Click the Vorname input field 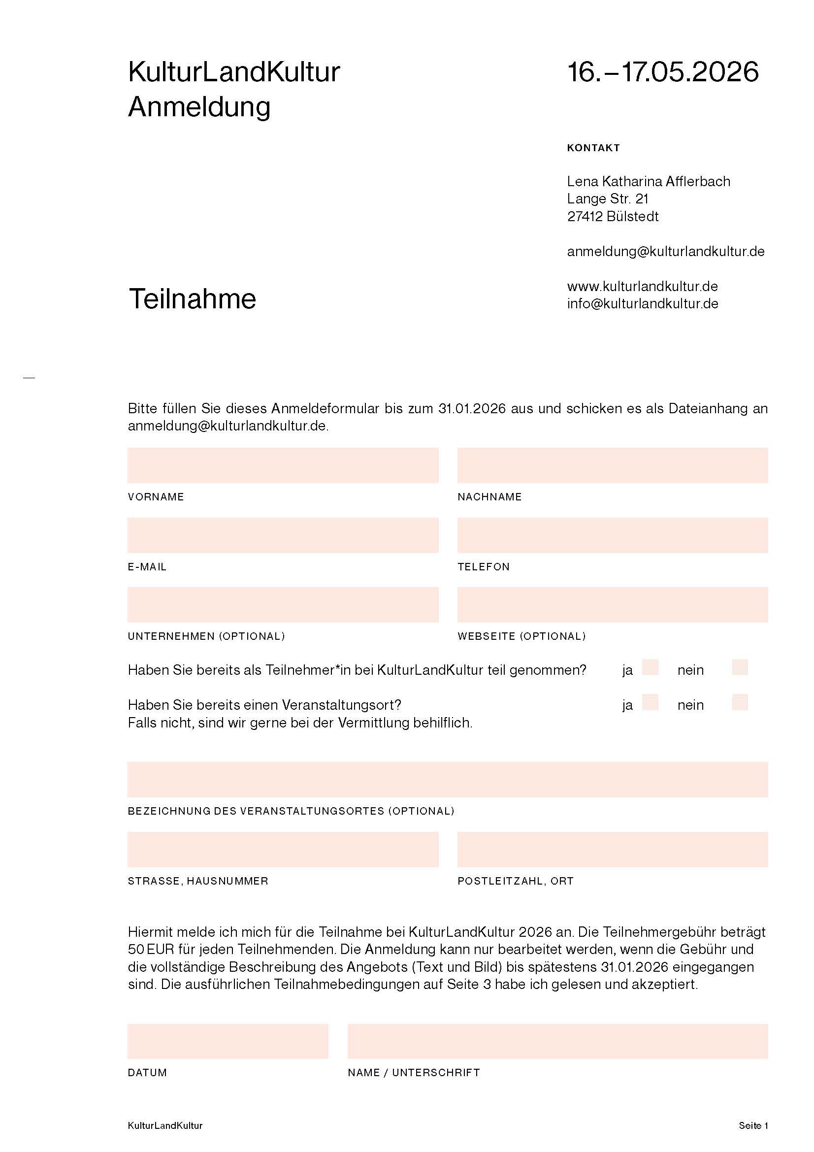283,465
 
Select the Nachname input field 613,465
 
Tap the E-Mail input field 283,535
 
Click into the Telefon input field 613,535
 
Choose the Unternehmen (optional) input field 283,605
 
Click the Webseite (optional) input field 613,605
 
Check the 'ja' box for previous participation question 650,667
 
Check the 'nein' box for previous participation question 740,667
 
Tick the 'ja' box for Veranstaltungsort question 650,702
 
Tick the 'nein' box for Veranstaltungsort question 740,702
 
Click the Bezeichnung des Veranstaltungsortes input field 447,779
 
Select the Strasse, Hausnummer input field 283,850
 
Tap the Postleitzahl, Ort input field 613,850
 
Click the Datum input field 228,1041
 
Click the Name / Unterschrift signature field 557,1041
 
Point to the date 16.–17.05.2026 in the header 662,72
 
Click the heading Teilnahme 192,299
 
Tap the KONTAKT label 593,148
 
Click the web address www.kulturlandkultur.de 643,287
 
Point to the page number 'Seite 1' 753,1125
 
